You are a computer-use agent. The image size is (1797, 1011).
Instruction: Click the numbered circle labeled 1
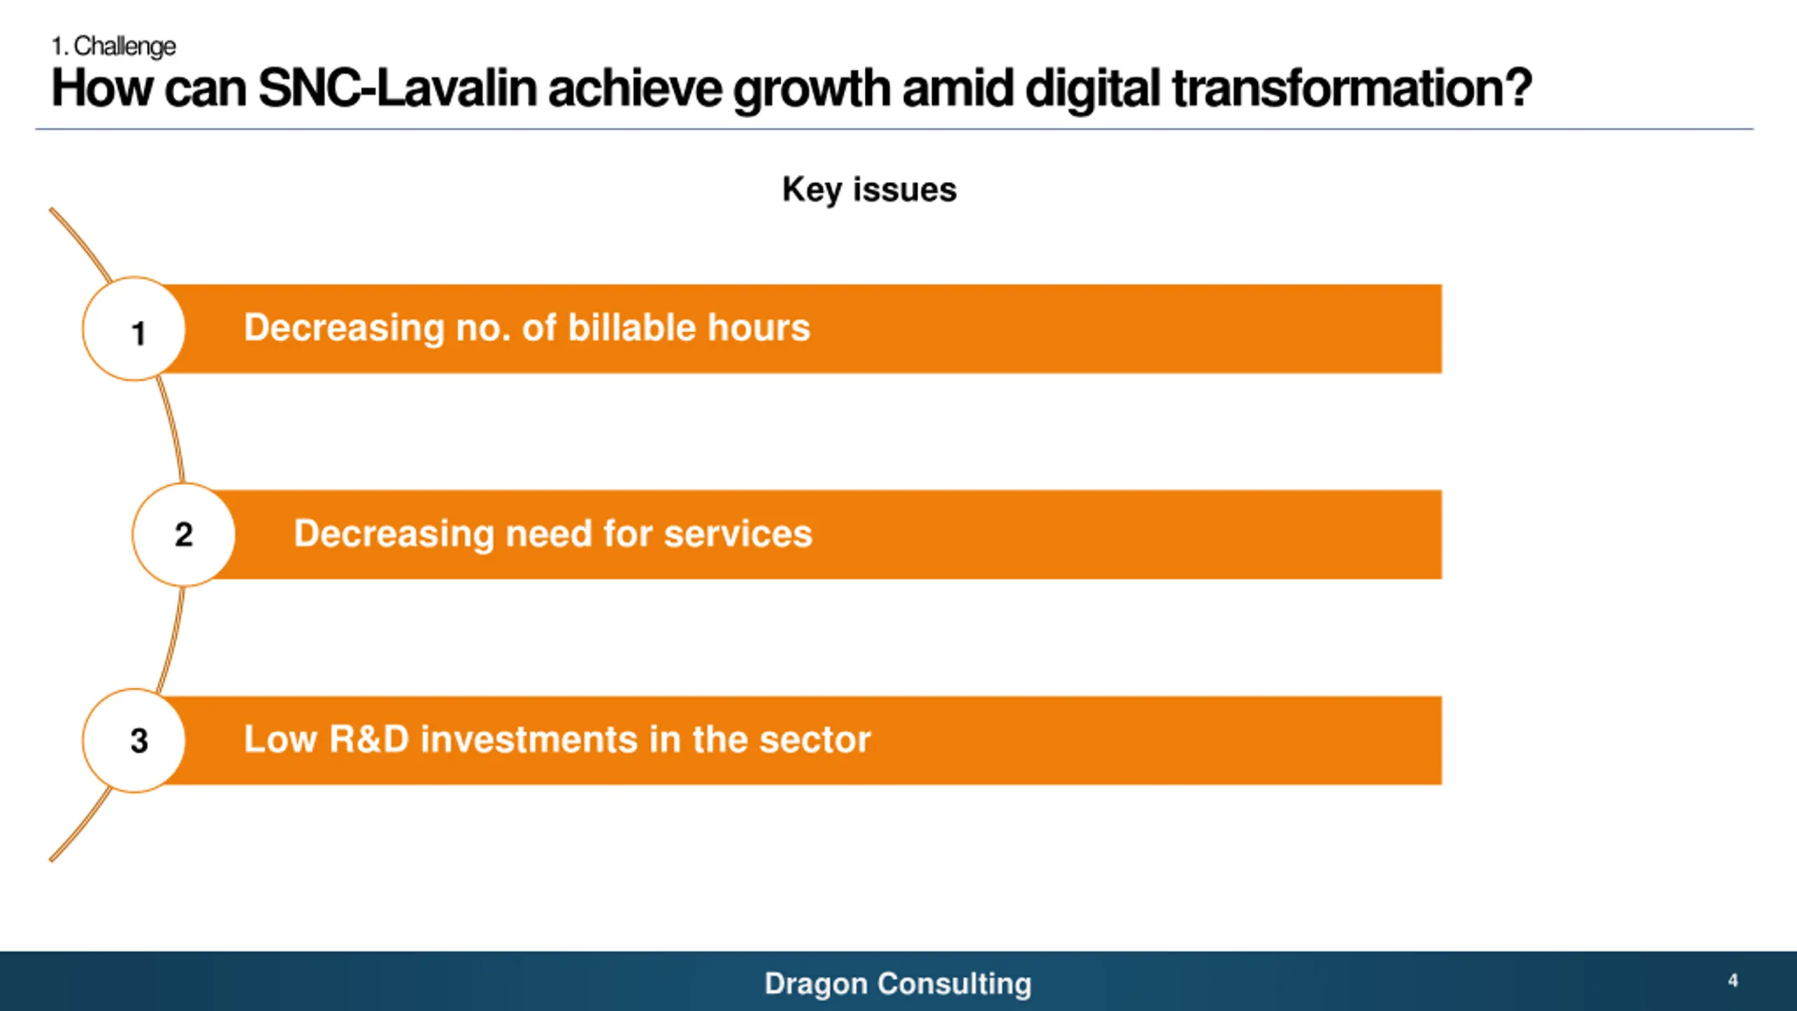tap(134, 329)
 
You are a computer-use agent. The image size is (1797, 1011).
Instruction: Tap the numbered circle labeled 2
tap(184, 535)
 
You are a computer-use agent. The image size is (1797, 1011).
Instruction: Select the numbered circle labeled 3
tap(134, 741)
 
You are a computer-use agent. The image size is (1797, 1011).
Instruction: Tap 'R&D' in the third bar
tap(369, 739)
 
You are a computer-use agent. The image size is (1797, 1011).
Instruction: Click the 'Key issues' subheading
tap(869, 190)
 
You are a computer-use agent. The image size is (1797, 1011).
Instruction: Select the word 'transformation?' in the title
tap(1352, 89)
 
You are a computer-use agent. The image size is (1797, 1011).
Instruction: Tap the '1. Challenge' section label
tap(114, 46)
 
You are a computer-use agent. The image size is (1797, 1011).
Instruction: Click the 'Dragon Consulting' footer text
tap(898, 984)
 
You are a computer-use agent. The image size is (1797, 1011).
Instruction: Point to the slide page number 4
tap(1733, 981)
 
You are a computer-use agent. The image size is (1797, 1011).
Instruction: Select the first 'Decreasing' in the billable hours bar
tap(344, 328)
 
